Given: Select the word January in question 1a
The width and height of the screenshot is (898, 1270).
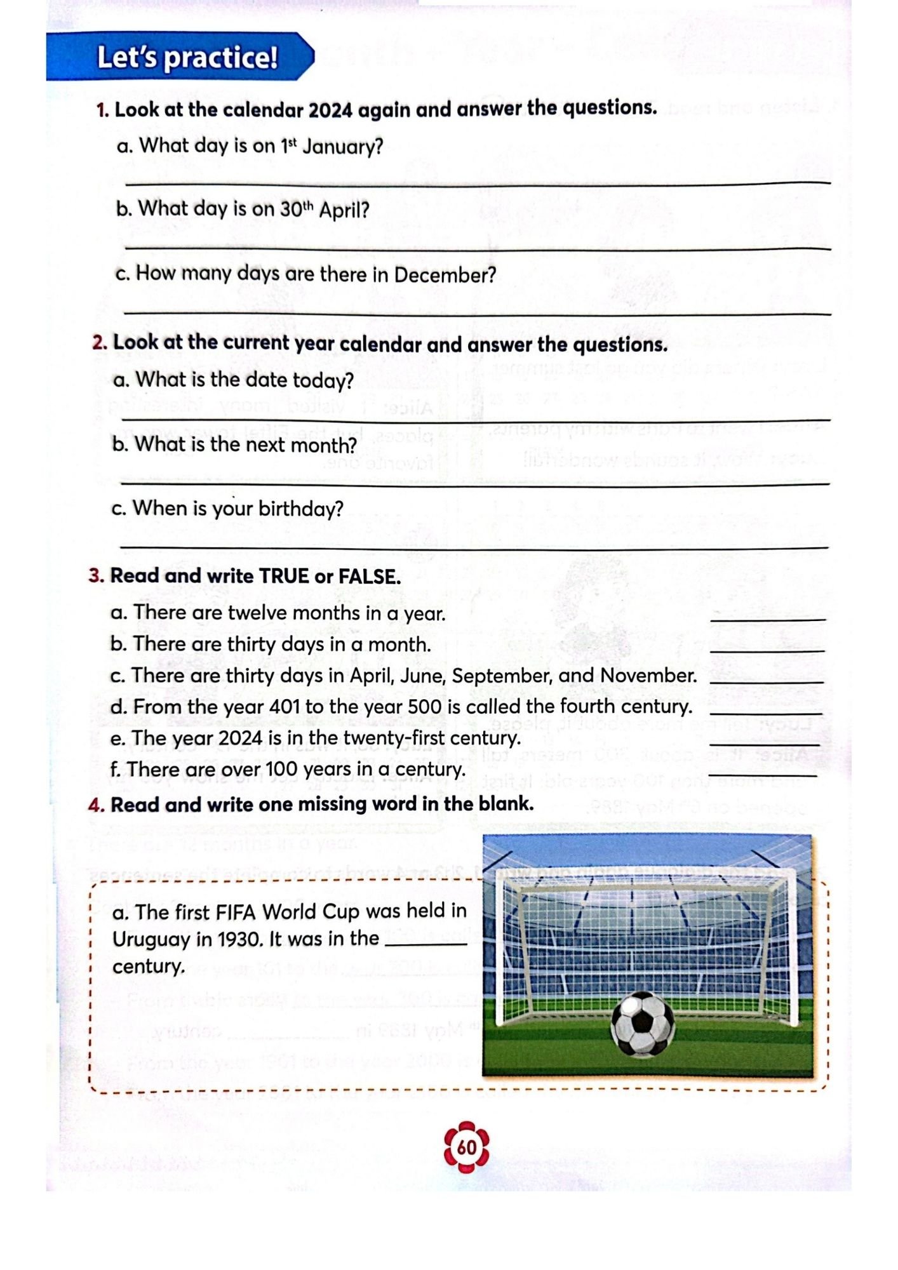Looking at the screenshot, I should click(343, 147).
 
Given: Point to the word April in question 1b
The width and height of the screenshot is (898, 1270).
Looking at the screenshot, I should click(344, 210).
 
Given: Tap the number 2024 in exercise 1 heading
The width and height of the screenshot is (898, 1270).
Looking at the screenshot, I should click(330, 110).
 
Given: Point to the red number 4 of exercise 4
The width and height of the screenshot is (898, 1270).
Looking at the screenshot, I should click(96, 805).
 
